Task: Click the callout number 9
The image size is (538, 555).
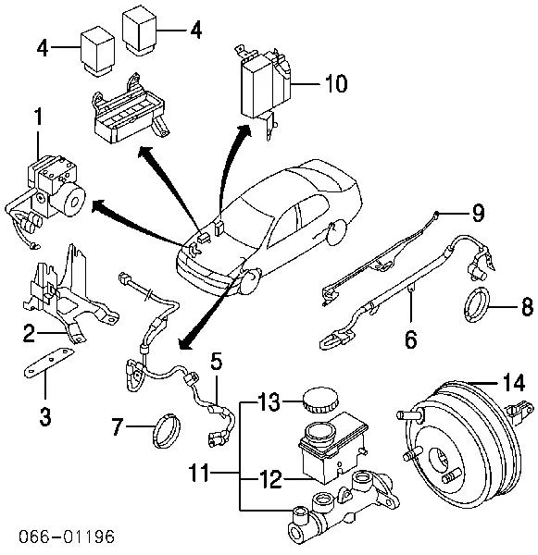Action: [x=476, y=214]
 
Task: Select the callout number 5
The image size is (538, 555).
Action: [x=215, y=361]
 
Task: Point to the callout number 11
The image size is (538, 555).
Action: [x=212, y=475]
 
